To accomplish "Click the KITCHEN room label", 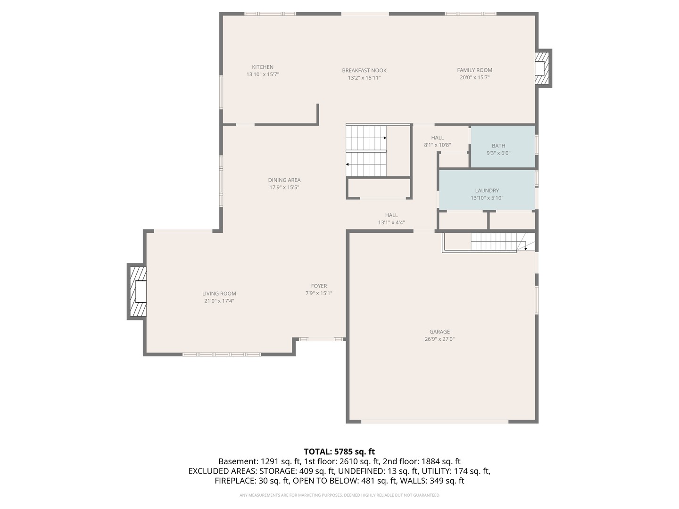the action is pos(263,67).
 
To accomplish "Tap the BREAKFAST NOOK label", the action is pos(364,71).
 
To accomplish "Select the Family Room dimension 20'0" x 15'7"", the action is pos(474,78).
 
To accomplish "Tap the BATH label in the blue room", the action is pos(498,146).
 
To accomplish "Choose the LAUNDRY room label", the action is pos(487,191).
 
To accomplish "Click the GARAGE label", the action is pos(439,332).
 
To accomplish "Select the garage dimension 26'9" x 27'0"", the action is pos(439,339).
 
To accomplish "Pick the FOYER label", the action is pos(319,286).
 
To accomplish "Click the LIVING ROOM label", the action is pos(219,294).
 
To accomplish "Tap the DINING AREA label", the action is pos(284,180).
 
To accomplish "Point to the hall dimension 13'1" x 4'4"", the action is pos(391,222).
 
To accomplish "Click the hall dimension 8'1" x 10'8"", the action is pos(438,145).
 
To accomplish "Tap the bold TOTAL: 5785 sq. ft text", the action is pos(339,452).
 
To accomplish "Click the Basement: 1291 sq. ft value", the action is pos(259,461).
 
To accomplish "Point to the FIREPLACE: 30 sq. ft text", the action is pos(251,481).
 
